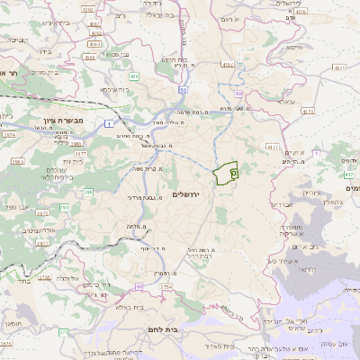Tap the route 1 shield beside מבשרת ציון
point(109,121)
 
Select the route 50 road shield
point(183,90)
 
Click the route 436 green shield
point(133,78)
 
